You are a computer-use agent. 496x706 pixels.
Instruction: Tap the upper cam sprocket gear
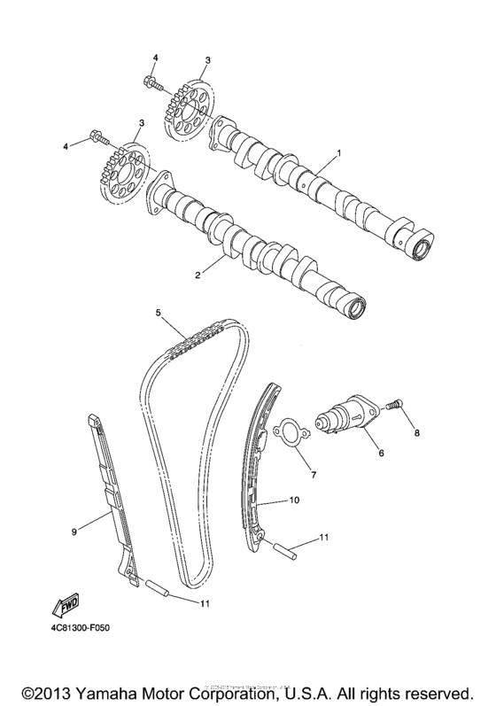pos(189,111)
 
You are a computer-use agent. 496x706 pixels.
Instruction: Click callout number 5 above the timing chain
pos(158,313)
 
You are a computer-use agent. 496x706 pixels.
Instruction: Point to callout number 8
pos(417,433)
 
